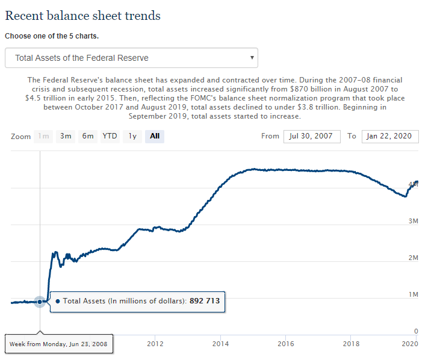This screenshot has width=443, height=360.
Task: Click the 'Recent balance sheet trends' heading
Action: coord(82,16)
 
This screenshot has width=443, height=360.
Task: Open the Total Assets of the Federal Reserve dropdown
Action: coord(131,58)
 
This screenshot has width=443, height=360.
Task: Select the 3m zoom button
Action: coord(66,136)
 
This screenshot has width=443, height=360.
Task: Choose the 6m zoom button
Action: coord(88,136)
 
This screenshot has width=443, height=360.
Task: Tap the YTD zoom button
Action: coord(110,136)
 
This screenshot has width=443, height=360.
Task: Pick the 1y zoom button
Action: coord(132,136)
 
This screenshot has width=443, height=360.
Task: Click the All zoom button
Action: coord(155,136)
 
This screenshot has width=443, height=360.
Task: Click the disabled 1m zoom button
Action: coord(43,136)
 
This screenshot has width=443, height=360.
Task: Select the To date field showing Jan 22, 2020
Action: coord(389,136)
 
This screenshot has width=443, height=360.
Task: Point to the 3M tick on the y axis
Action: coord(412,221)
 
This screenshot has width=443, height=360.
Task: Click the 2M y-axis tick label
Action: coord(412,258)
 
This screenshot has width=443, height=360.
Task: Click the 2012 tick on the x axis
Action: coord(155,344)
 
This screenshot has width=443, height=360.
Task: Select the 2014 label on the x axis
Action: coord(220,344)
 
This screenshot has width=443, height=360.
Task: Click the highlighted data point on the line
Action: coord(40,302)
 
